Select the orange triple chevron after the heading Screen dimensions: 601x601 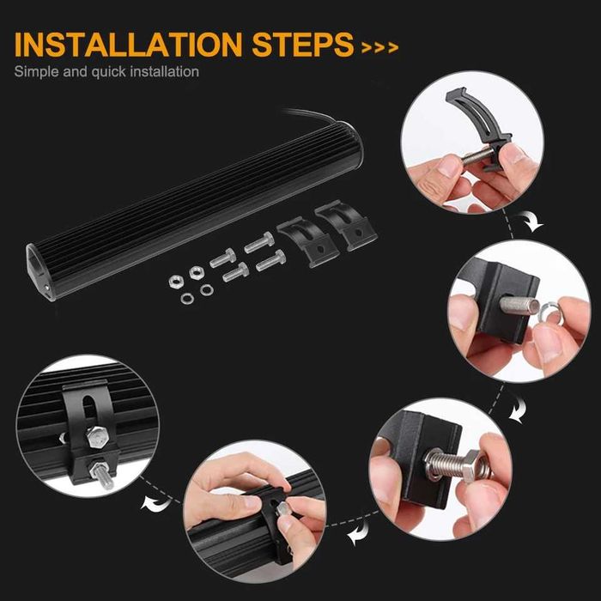click(379, 47)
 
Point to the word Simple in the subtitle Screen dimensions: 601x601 click(35, 71)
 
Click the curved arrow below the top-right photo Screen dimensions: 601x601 click(535, 224)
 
